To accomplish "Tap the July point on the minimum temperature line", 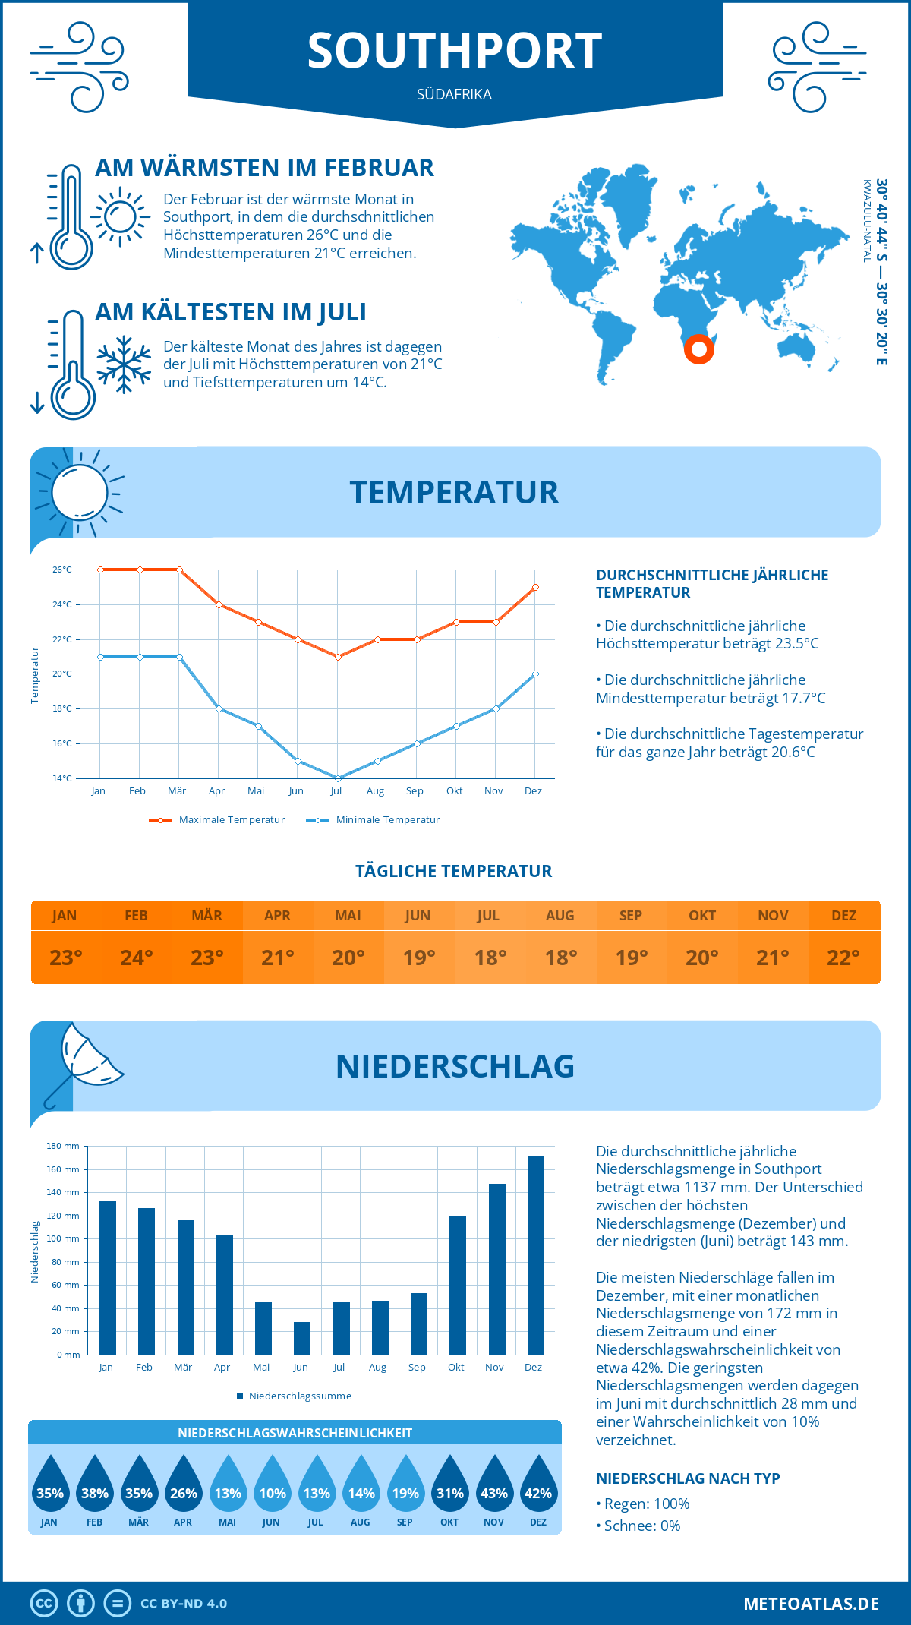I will (x=338, y=778).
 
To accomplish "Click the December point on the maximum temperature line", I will (x=535, y=587).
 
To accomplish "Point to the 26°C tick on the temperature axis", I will (x=62, y=570).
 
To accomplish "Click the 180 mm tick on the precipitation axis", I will (x=64, y=1146).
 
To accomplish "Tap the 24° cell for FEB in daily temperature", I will (x=137, y=958).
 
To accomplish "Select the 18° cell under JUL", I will (x=490, y=958).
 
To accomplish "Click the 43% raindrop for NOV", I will (x=494, y=1484).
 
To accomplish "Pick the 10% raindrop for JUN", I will (x=272, y=1484).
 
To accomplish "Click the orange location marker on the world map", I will (x=698, y=349).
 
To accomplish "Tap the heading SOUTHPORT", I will (x=455, y=52).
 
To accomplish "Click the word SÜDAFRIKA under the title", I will (x=454, y=95).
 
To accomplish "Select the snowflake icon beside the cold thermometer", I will (x=124, y=364).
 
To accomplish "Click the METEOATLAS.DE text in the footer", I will (x=811, y=1604).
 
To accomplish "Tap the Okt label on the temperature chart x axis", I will (x=454, y=791).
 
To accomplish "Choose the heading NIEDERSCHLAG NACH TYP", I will (x=688, y=1478).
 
